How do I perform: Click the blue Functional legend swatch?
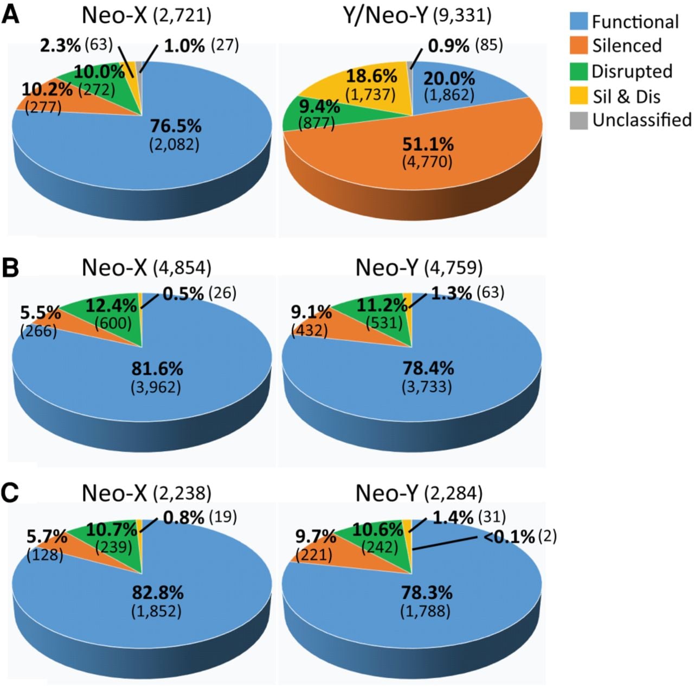[x=579, y=21]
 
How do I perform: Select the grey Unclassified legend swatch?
[x=579, y=120]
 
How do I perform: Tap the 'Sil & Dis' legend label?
[x=626, y=96]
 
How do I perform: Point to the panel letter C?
[x=10, y=493]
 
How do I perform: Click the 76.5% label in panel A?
[x=176, y=126]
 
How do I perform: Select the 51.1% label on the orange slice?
[x=427, y=144]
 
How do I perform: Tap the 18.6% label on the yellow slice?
[x=372, y=77]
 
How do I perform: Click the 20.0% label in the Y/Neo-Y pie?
[x=449, y=78]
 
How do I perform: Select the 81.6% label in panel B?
[x=157, y=368]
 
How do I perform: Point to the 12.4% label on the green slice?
[x=111, y=306]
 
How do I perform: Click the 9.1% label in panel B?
[x=312, y=313]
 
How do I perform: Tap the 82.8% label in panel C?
[x=157, y=593]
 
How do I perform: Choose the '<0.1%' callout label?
[x=509, y=538]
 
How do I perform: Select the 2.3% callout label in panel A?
[x=60, y=46]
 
